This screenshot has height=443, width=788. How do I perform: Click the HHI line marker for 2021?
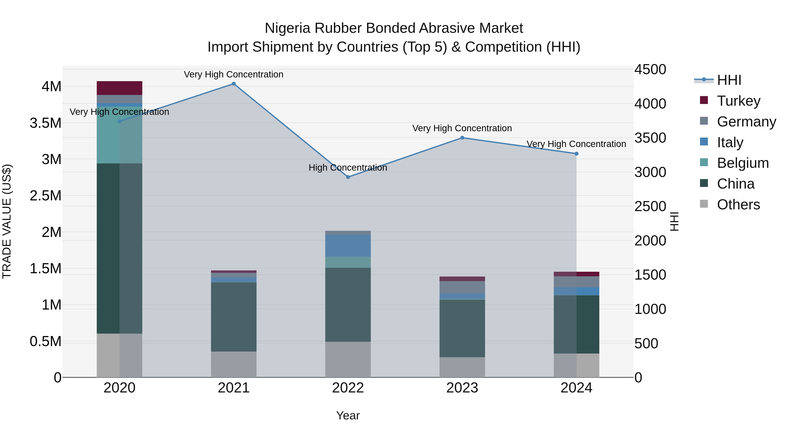coord(233,84)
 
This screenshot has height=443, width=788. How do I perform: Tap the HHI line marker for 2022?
coord(348,177)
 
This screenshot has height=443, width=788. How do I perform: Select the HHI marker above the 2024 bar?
coord(576,154)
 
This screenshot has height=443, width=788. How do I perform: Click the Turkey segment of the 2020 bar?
coord(119,88)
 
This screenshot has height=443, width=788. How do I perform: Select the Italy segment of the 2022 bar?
coord(348,245)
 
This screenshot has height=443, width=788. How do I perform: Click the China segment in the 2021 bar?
coord(233,317)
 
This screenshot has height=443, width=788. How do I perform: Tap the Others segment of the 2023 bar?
coord(462,367)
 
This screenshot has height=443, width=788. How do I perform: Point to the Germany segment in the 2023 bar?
coord(462,287)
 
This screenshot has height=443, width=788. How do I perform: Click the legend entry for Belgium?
coord(742,163)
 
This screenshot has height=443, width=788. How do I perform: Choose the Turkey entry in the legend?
coord(738,101)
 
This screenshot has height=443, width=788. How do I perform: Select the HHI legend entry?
coord(729,80)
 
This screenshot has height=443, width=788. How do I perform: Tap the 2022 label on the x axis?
coord(348,388)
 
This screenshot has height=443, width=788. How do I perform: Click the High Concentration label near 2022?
coord(348,168)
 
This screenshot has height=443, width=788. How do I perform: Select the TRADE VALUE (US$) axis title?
coord(7,221)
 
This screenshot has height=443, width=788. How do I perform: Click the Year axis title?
coord(348,415)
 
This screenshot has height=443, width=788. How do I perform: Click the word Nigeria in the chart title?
coord(288,28)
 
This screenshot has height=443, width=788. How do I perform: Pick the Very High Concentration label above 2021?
coord(233,74)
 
